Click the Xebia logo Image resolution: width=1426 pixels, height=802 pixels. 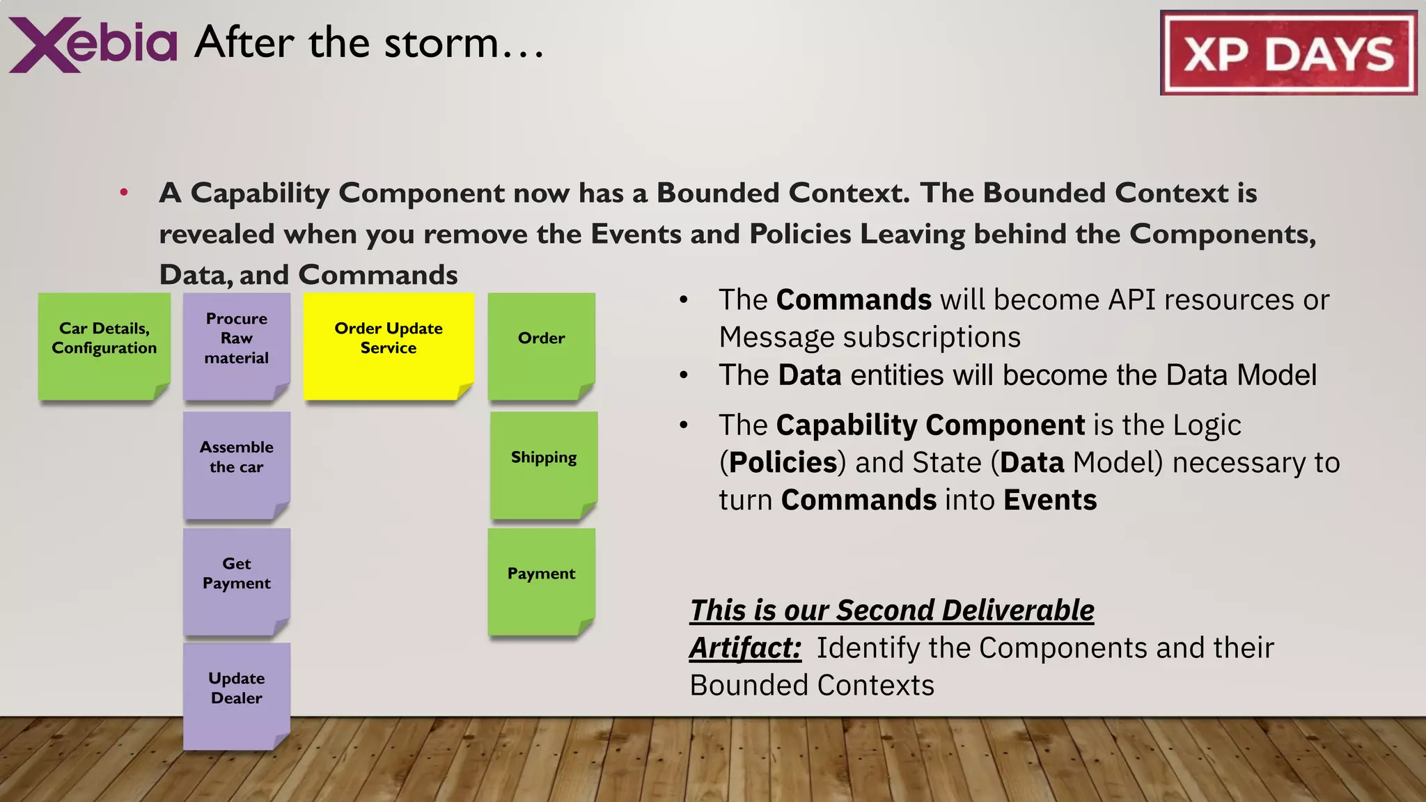(x=93, y=44)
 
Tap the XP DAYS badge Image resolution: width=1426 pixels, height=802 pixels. (x=1288, y=53)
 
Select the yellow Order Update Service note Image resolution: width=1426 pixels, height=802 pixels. (x=389, y=346)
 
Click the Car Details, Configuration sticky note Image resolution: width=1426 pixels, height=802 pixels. (x=104, y=346)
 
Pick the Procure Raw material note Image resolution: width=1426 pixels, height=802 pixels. (x=237, y=346)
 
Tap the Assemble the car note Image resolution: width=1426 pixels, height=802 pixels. (x=237, y=464)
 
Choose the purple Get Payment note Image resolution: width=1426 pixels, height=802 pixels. (x=237, y=581)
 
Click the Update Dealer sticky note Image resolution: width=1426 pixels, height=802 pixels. (x=237, y=695)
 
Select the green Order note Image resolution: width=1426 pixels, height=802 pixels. (x=542, y=346)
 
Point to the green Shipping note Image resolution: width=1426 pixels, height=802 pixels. (x=544, y=464)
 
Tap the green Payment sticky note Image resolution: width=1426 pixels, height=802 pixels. (x=542, y=581)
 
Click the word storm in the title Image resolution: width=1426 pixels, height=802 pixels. (x=441, y=43)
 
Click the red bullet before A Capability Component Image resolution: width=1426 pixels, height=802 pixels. (x=124, y=192)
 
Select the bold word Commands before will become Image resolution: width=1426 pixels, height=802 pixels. (x=854, y=300)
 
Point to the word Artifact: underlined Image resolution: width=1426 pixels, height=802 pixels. (x=745, y=648)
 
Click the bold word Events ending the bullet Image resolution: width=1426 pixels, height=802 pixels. (x=1050, y=501)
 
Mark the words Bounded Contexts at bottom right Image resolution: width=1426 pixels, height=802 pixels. (x=812, y=686)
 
